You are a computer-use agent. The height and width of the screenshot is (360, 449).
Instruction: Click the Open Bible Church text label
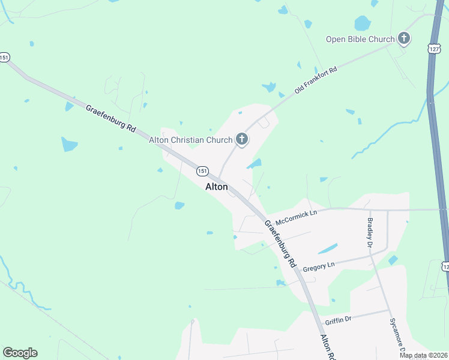click(x=360, y=40)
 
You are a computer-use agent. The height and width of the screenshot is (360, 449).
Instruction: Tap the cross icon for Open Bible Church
click(x=404, y=40)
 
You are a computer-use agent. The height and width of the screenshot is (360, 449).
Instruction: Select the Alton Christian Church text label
click(x=191, y=140)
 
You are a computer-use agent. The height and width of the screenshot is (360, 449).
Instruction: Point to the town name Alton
click(x=217, y=187)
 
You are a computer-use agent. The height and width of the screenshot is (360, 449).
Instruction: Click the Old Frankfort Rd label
click(x=316, y=80)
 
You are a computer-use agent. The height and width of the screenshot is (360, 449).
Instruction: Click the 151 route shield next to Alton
click(x=202, y=171)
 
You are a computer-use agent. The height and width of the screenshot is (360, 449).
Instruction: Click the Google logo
click(x=20, y=353)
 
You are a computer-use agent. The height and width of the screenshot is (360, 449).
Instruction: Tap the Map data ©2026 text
click(x=423, y=355)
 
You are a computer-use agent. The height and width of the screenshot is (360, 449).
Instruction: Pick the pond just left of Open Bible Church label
click(x=362, y=24)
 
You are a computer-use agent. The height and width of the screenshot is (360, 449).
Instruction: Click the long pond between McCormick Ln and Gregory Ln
click(x=327, y=248)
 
